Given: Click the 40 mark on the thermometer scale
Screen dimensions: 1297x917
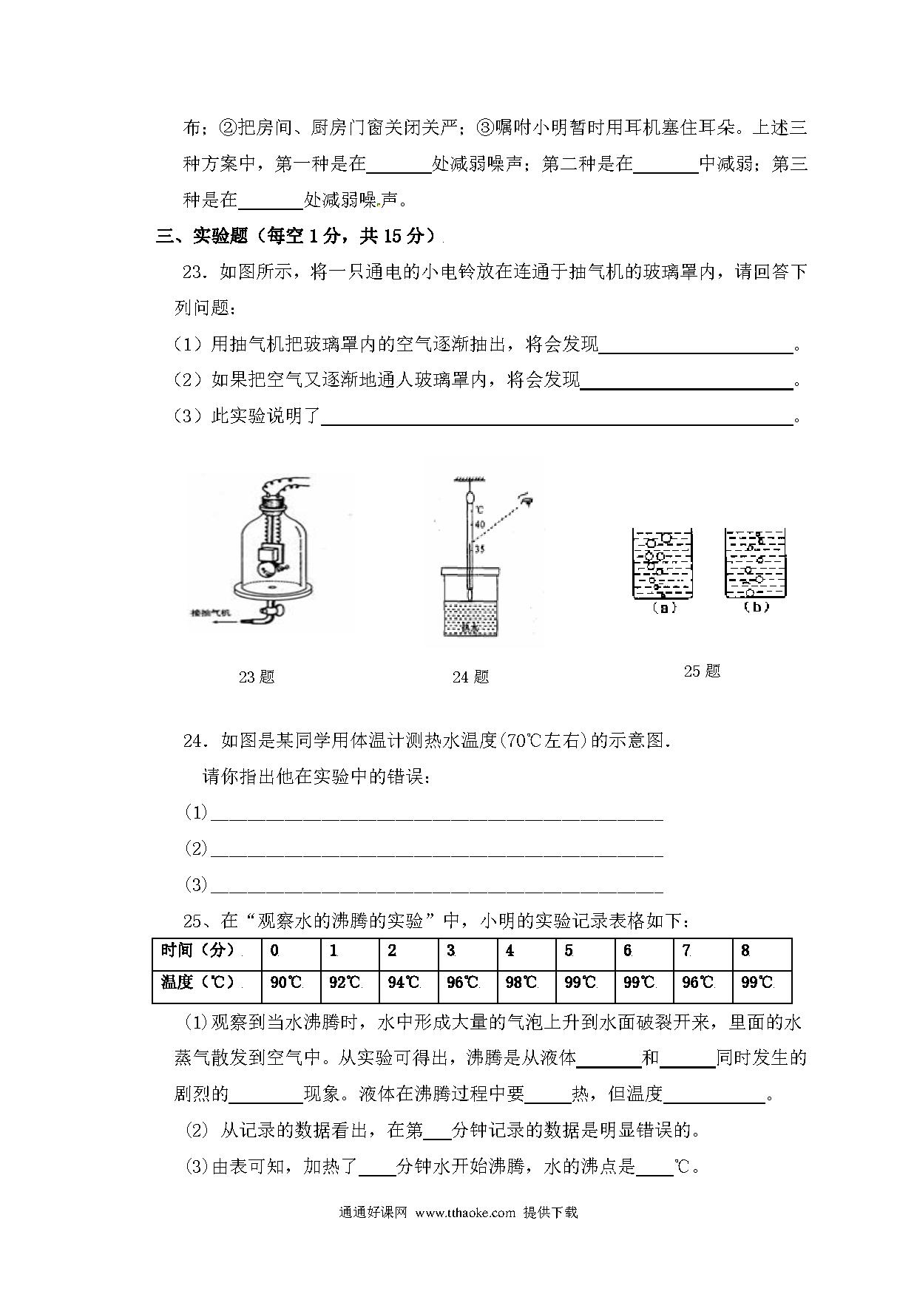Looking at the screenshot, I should point(479,524).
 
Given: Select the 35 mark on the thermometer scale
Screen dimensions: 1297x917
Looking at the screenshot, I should point(479,549).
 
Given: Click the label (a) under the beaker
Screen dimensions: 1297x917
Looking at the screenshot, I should point(663,608).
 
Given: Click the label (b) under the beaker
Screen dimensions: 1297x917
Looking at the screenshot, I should point(755,607).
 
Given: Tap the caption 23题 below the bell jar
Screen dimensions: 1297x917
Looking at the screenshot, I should point(257,677).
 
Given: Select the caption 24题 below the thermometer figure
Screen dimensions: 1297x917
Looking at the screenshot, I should point(470,677).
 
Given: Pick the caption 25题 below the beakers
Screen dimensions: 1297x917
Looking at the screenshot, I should point(702,671).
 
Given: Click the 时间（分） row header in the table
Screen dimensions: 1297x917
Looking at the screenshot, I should point(198,950).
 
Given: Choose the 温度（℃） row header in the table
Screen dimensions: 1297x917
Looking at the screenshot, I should point(198,982).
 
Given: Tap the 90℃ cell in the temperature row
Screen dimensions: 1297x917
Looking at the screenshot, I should point(286,983).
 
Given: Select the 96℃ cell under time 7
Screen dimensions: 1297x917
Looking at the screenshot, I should point(697,983).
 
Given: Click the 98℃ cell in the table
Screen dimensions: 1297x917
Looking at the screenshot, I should point(521,983).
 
